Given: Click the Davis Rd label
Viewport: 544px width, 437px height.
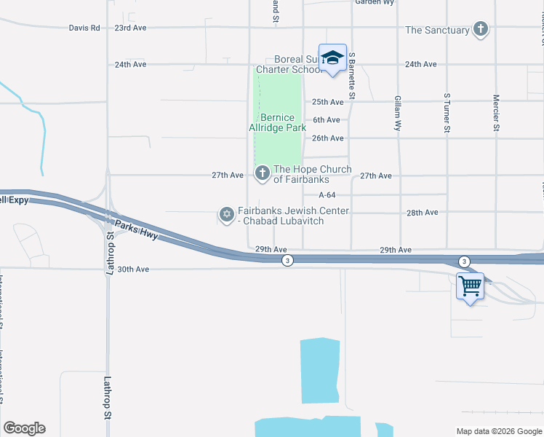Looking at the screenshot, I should point(84,28).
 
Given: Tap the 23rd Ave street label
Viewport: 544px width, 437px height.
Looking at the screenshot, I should point(130,28).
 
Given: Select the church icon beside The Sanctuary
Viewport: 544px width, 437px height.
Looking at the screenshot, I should point(480,30).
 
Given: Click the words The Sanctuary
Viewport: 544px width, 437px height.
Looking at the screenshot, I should point(437,30).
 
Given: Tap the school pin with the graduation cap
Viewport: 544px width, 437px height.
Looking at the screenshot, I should point(332,59).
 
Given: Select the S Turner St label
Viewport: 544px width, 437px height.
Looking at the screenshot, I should point(447,114).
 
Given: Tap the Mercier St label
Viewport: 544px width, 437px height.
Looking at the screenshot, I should point(495,113).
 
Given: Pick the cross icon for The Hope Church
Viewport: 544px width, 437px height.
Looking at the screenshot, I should point(261,173).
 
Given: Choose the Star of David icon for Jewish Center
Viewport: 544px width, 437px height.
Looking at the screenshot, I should point(226,214).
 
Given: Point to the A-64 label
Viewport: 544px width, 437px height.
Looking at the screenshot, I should point(327,194).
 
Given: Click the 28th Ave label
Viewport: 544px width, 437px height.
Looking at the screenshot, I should point(422,213).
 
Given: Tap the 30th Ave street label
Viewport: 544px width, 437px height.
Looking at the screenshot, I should point(133,269).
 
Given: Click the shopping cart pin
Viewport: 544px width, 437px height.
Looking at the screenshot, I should point(470,286).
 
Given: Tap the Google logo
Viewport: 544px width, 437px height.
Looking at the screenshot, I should point(24,428).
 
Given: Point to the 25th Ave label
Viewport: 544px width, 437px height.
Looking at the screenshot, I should point(327,102).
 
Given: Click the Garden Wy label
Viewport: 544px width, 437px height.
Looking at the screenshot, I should point(374,3).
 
